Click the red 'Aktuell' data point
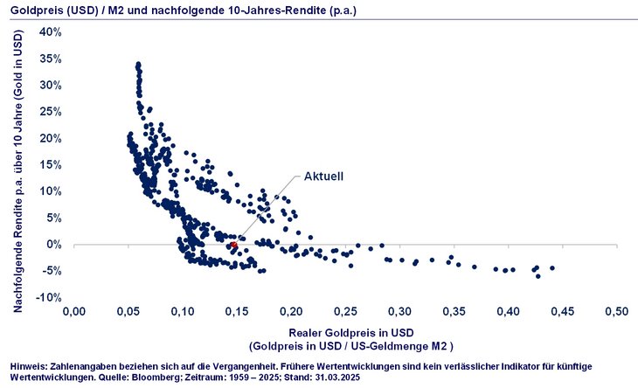click(233, 246)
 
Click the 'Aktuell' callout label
click(323, 176)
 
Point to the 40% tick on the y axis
click(49, 31)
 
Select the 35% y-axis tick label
click(49, 59)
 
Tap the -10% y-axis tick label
click(47, 297)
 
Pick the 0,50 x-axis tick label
click(617, 310)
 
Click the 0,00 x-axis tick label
click(74, 310)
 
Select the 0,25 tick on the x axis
click(345, 310)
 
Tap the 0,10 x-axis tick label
click(183, 310)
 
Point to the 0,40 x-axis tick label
click(509, 310)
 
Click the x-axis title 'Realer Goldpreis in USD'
click(347, 332)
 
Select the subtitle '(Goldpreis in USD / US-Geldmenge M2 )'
click(347, 345)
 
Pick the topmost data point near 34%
click(138, 65)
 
